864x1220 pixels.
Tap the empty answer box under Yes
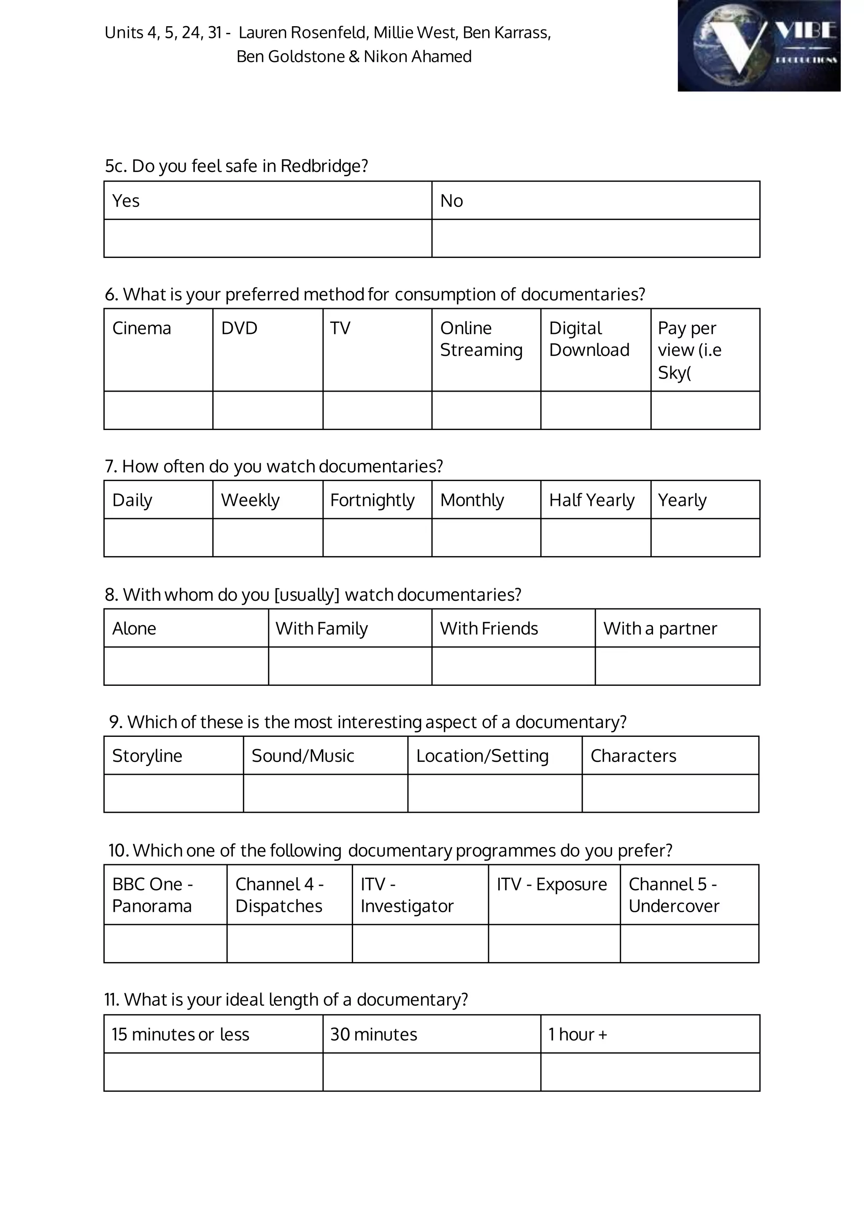click(267, 238)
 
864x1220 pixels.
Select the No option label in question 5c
click(452, 201)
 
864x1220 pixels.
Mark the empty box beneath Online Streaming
click(486, 410)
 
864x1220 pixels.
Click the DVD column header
click(239, 328)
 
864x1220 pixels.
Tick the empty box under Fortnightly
click(377, 537)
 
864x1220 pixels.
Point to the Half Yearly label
click(591, 500)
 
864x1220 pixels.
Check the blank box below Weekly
click(267, 537)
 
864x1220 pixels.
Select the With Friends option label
click(489, 629)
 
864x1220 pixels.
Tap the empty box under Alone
click(186, 666)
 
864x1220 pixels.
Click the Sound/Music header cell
click(303, 756)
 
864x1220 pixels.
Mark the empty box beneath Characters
click(670, 794)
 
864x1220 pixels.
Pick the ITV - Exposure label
click(552, 884)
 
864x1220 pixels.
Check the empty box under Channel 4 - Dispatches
click(289, 943)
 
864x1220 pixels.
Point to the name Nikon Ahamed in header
click(418, 56)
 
